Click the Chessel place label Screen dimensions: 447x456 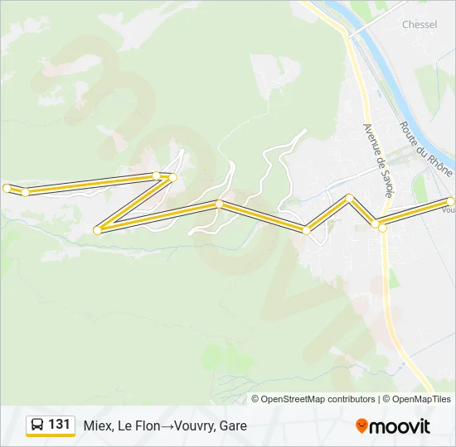pos(420,25)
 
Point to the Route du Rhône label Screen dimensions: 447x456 pos(425,148)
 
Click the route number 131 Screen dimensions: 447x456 pos(59,425)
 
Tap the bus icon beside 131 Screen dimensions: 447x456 pos(37,425)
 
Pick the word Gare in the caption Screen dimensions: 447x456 pos(234,426)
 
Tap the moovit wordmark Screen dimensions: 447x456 pos(401,426)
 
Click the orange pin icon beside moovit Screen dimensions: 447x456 pos(362,426)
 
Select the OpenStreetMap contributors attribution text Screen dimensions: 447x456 pos(318,399)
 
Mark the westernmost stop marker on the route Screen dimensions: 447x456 pos(7,188)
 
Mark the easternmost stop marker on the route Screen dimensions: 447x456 pos(452,201)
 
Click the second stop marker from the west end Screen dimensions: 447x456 pos(26,192)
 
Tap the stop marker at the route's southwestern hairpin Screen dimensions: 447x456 pos(98,230)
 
